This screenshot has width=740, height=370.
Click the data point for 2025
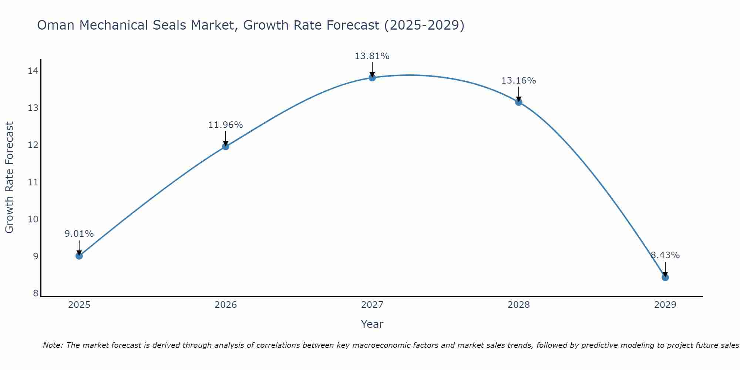(x=79, y=256)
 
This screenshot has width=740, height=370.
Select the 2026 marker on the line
(x=226, y=146)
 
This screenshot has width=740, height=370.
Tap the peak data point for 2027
(x=372, y=77)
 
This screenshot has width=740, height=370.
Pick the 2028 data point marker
(x=519, y=102)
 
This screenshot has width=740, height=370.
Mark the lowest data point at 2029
(x=665, y=277)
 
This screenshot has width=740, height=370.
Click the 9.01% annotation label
(x=79, y=234)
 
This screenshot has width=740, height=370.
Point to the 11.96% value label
(x=225, y=125)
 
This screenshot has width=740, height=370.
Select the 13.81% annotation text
(x=372, y=56)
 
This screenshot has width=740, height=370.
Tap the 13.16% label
(x=518, y=81)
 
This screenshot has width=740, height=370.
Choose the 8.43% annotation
(x=665, y=255)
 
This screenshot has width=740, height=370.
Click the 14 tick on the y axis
(x=33, y=71)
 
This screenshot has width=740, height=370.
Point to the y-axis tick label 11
(x=33, y=182)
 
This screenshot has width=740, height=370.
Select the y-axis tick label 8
(x=36, y=293)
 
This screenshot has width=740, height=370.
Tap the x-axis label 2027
(x=372, y=305)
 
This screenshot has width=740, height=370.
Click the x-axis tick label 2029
(x=665, y=305)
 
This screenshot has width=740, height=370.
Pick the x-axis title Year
(x=372, y=324)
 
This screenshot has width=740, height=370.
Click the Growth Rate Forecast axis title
(x=9, y=178)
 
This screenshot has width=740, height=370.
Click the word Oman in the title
(x=55, y=25)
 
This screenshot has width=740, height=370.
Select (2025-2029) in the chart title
(x=424, y=25)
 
